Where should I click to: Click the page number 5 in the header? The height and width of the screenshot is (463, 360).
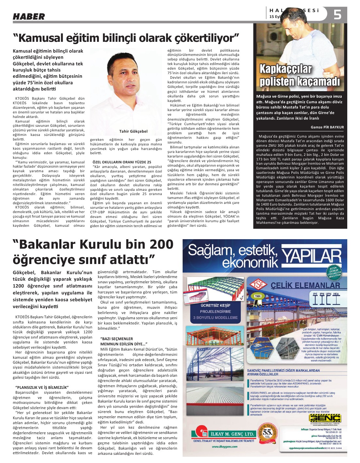[x=337, y=15]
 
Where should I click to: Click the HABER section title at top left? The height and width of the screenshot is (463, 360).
[x=29, y=16]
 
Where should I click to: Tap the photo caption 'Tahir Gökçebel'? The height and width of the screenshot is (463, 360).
[x=133, y=131]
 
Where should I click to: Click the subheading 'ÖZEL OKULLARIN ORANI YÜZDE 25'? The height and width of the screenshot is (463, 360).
[x=122, y=162]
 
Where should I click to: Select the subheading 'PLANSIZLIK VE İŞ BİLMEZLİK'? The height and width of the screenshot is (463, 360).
[x=42, y=387]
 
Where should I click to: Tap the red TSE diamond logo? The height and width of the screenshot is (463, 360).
[x=258, y=285]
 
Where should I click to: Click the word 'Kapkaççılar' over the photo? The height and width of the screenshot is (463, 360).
[x=286, y=69]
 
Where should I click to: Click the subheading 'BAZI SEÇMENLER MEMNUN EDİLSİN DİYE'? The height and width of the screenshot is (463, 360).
[x=124, y=341]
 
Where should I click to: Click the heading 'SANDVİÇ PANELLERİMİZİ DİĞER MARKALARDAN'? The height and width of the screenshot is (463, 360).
[x=283, y=370]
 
